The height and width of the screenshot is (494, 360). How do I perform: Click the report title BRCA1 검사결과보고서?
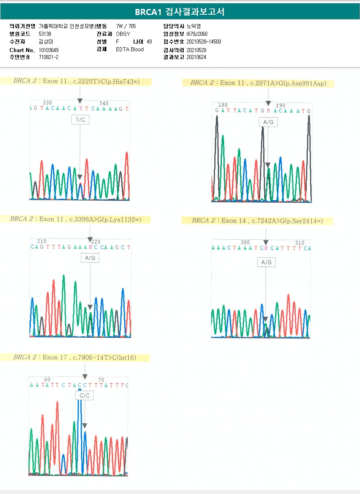180,12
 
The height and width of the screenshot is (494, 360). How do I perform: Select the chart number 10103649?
48,50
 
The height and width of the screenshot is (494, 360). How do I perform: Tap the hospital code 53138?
45,34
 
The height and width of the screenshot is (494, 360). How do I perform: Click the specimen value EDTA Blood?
130,50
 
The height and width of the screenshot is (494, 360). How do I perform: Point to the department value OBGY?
123,34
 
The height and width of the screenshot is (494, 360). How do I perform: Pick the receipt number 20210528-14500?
204,42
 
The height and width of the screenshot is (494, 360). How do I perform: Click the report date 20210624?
196,57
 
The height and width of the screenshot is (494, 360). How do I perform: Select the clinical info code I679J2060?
197,34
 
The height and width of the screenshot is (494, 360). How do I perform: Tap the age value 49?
149,42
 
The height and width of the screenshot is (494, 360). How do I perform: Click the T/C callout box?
80,120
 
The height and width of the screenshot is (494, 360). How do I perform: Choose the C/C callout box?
84,396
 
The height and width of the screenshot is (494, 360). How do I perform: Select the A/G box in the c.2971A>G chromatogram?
268,122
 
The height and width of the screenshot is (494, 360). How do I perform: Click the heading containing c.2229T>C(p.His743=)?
76,81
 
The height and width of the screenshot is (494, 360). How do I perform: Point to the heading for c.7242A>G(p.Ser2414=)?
257,221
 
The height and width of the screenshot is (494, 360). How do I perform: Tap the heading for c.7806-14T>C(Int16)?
75,358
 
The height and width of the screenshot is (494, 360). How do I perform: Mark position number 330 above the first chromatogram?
47,103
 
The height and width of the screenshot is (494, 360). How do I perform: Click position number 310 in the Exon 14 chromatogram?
300,243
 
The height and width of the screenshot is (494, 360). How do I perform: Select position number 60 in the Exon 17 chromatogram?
47,380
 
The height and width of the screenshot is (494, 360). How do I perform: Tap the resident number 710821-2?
48,57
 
